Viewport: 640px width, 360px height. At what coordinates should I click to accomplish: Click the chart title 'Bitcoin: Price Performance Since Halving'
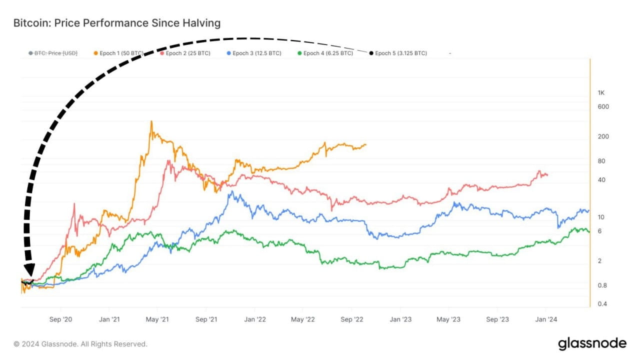(116, 23)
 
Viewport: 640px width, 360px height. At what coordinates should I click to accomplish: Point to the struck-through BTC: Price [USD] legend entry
(53, 53)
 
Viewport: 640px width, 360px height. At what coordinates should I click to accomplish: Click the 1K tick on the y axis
(601, 93)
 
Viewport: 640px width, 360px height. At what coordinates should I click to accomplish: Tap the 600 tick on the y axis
(603, 106)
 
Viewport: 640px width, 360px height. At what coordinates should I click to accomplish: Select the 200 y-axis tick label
(603, 136)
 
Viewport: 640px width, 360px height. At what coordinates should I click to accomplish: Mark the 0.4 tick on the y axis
(602, 304)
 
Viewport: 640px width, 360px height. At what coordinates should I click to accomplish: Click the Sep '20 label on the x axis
(61, 319)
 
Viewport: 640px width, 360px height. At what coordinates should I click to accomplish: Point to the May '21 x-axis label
(158, 319)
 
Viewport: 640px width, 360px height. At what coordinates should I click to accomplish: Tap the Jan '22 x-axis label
(254, 319)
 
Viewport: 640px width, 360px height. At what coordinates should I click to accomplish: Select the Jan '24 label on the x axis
(546, 319)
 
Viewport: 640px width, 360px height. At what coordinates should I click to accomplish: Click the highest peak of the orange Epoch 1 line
(151, 121)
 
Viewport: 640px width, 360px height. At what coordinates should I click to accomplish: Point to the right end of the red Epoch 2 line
(547, 175)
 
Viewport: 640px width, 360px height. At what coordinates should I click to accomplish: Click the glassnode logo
(592, 343)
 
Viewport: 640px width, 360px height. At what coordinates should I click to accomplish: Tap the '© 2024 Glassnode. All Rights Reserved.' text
(80, 344)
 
